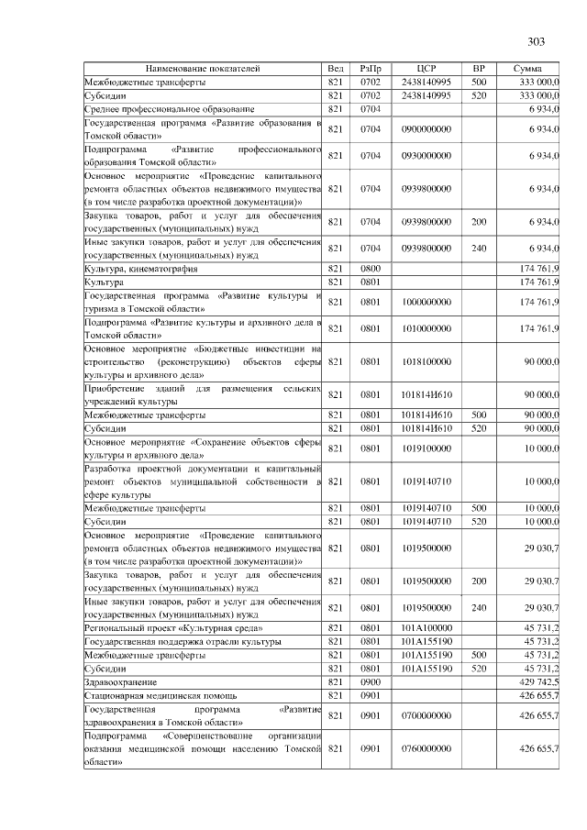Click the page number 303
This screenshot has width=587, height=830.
point(537,41)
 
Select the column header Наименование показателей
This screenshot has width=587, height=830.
point(203,69)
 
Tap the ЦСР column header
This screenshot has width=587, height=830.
point(426,69)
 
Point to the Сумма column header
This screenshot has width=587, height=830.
point(527,69)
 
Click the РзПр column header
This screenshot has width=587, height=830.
point(371,69)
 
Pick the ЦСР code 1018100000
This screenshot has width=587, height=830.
point(426,361)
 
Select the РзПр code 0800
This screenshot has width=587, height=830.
point(371,268)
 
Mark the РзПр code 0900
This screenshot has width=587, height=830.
point(371,683)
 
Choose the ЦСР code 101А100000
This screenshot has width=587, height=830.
point(426,627)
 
